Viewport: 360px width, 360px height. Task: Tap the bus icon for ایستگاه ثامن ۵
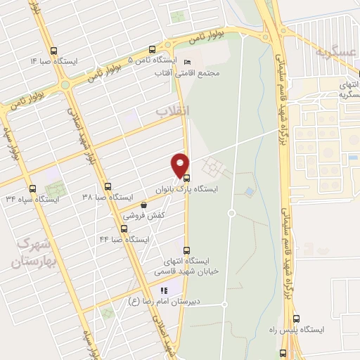152,49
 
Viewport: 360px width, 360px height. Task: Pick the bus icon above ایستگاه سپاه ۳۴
32,188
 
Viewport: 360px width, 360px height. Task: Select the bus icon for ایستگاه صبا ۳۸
108,186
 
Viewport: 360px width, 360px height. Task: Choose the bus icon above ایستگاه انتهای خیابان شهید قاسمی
186,250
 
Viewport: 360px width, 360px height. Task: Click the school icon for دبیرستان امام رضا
164,290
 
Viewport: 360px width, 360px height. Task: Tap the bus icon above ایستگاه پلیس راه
296,319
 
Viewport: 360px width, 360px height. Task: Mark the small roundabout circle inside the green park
231,213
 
